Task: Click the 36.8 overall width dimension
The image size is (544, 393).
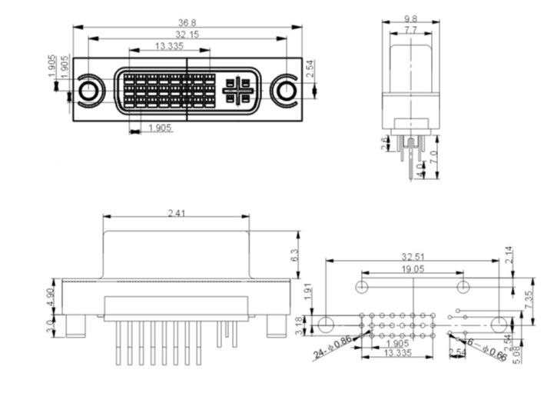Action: pyautogui.click(x=187, y=22)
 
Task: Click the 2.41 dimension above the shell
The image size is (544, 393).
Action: pyautogui.click(x=176, y=213)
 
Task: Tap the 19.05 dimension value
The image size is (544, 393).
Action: pyautogui.click(x=413, y=268)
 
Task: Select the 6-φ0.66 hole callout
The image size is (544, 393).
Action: pyautogui.click(x=486, y=350)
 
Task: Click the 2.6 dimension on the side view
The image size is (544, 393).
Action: pyautogui.click(x=385, y=143)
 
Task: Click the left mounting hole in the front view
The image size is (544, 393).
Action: pyautogui.click(x=89, y=91)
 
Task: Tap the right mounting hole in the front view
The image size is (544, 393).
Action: pyautogui.click(x=286, y=91)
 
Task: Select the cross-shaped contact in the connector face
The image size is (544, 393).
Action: pyautogui.click(x=237, y=91)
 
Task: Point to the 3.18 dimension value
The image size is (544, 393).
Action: pyautogui.click(x=308, y=325)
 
